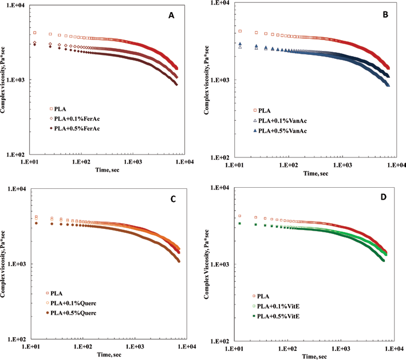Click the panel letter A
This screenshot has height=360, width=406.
pyautogui.click(x=171, y=15)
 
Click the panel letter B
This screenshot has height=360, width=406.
pyautogui.click(x=385, y=14)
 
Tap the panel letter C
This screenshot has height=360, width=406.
pyautogui.click(x=173, y=199)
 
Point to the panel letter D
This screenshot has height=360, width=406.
pyautogui.click(x=384, y=197)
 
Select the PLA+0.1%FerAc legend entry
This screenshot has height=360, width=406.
pyautogui.click(x=74, y=119)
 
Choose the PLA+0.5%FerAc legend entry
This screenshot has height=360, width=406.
pyautogui.click(x=74, y=129)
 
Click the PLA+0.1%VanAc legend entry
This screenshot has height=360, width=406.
pyautogui.click(x=280, y=121)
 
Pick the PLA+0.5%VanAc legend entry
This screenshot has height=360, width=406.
pyautogui.click(x=280, y=131)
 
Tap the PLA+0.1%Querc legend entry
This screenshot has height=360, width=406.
pyautogui.click(x=71, y=303)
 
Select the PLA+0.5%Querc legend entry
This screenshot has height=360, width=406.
pyautogui.click(x=71, y=313)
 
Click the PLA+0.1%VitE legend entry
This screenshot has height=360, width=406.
pyautogui.click(x=276, y=306)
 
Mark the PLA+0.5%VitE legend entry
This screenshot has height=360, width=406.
pyautogui.click(x=276, y=317)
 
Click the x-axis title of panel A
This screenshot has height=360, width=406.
pyautogui.click(x=108, y=170)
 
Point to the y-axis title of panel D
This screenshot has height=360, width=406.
pyautogui.click(x=206, y=264)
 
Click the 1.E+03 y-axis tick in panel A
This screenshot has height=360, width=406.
pyautogui.click(x=17, y=80)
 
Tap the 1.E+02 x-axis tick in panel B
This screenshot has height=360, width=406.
pyautogui.click(x=289, y=165)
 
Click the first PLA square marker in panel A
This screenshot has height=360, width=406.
pyautogui.click(x=35, y=33)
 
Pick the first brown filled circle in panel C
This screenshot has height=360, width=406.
pyautogui.click(x=36, y=223)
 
